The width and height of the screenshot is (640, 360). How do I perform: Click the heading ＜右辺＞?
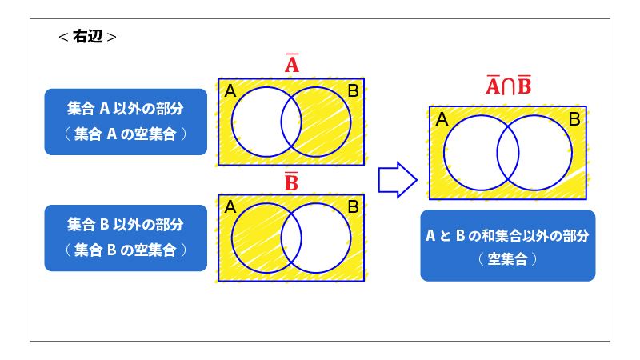(x=87, y=37)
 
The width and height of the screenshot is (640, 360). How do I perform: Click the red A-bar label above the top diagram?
(x=292, y=63)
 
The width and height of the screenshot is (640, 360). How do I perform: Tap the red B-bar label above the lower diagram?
(x=291, y=182)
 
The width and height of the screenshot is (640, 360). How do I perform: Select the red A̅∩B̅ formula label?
(x=508, y=86)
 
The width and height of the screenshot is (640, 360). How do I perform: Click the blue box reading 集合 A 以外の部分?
(x=126, y=122)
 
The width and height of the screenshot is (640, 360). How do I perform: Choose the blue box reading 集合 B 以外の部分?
(x=126, y=238)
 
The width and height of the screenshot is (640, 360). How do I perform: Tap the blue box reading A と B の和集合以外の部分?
(x=508, y=246)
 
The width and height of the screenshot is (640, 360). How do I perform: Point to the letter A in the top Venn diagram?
(x=230, y=90)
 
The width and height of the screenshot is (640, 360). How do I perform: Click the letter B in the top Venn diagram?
(x=353, y=90)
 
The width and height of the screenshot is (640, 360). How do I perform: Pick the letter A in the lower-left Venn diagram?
(x=230, y=207)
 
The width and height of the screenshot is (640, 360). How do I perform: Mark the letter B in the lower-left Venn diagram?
(x=353, y=207)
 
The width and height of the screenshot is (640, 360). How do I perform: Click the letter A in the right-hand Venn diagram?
(x=442, y=119)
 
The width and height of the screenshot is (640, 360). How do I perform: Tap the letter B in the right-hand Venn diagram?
(x=574, y=119)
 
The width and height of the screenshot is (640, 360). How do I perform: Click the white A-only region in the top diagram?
(x=256, y=122)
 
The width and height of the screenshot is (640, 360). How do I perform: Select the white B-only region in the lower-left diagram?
(x=326, y=238)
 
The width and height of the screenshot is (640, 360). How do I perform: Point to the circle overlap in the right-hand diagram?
(x=508, y=153)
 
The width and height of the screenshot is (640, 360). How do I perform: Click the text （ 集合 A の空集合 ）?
(x=126, y=134)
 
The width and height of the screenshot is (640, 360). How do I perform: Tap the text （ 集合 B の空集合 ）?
(x=126, y=250)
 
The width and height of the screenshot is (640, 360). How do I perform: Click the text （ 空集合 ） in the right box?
(x=508, y=258)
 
